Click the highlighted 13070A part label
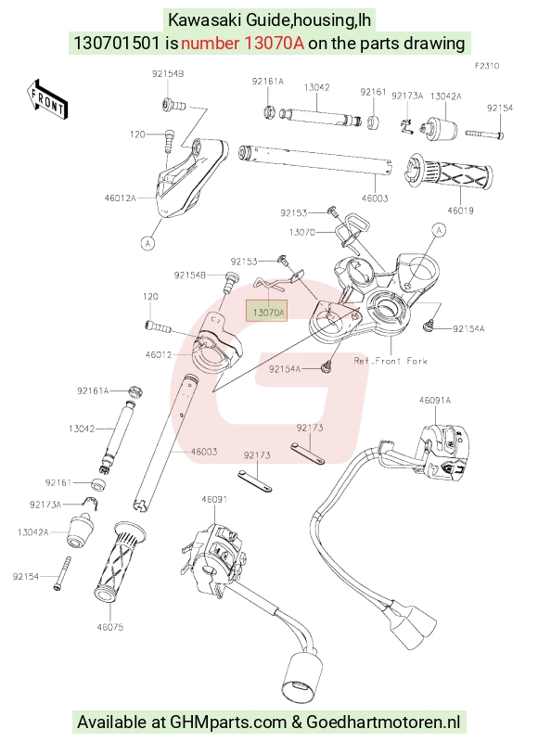pos(267,312)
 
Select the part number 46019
pos(460,211)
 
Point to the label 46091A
pos(435,401)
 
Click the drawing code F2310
pos(487,66)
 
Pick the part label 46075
pos(109,627)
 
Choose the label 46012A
pos(121,198)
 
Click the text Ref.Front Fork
pos(391,361)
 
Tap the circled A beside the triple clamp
pos(439,230)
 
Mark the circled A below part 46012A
pos(148,243)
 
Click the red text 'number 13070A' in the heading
pos(242,43)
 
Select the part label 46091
pos(214,499)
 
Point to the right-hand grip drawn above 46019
pos(448,173)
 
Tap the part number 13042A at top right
pos(445,96)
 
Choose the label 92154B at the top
pos(168,74)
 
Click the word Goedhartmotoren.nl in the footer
pos(383,723)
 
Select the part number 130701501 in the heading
pos(116,43)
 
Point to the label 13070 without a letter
pos(301,233)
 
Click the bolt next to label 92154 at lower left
pos(63,573)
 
